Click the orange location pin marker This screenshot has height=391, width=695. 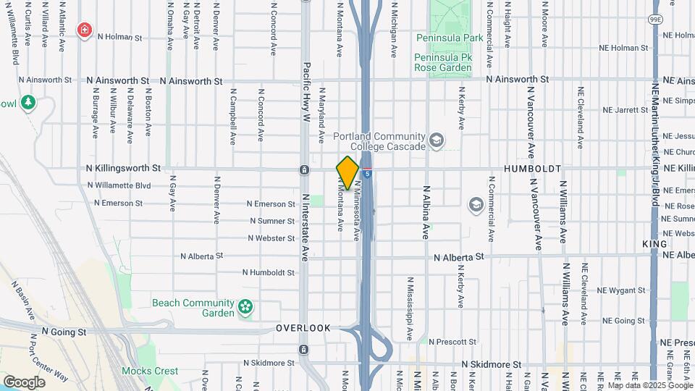coord(347,172)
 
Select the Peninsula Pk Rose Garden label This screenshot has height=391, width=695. coord(443,62)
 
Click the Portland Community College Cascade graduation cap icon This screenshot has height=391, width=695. coord(436,139)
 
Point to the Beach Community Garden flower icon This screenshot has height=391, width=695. coord(246,307)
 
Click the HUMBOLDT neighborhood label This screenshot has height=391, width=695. coord(532,168)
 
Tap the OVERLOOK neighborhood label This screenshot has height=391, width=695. coord(303,328)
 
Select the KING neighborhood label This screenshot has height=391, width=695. coord(654,245)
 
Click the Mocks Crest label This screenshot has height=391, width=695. coord(155,371)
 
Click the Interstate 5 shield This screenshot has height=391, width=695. coord(368,174)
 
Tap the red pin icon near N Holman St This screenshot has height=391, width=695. coord(85,30)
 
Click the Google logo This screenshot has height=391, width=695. coord(25,382)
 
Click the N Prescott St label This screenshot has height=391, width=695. coord(452,342)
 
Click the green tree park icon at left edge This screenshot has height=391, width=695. coord(28,103)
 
